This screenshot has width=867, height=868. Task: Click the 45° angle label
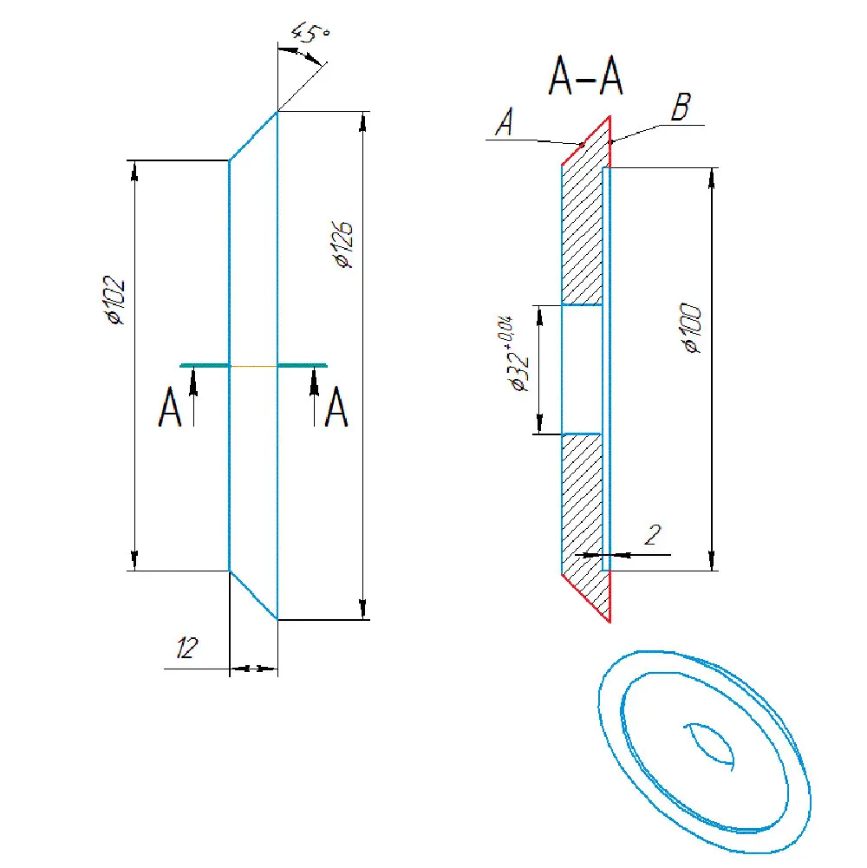click(310, 33)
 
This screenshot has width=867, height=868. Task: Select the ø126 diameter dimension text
click(344, 245)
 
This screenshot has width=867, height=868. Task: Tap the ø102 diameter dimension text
click(115, 299)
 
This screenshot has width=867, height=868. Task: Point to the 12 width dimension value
click(186, 647)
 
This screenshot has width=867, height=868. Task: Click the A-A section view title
click(586, 75)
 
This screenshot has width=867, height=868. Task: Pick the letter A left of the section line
click(169, 407)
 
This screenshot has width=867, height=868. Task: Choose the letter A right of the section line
click(336, 407)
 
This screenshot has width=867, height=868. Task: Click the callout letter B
click(681, 107)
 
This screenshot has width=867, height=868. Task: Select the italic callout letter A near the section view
click(505, 121)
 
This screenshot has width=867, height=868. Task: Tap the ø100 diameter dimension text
click(692, 328)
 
